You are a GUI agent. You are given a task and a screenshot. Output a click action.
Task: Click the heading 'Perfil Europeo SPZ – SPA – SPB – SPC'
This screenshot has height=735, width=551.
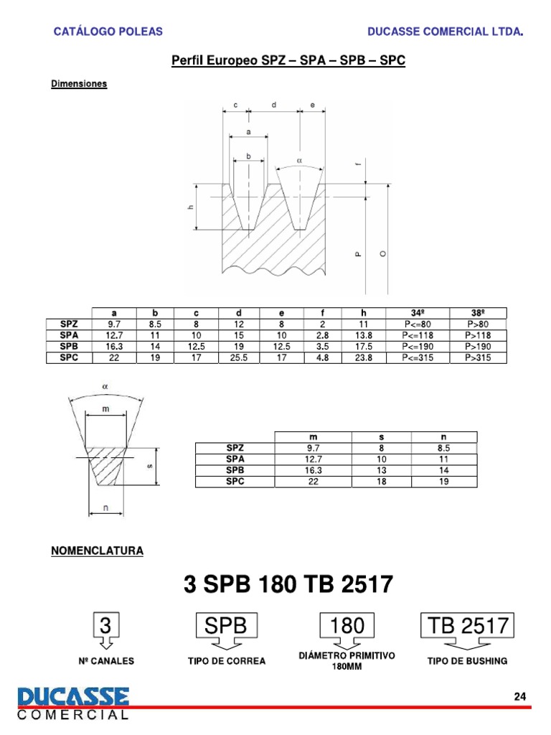click(288, 61)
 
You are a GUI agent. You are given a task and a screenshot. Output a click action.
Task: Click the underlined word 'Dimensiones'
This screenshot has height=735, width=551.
click(79, 84)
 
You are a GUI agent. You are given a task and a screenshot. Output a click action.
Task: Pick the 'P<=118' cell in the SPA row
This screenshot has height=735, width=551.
click(418, 335)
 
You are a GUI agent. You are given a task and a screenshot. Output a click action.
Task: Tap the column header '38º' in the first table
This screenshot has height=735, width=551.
click(478, 312)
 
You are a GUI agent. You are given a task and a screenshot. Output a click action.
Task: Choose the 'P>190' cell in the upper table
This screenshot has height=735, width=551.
click(478, 346)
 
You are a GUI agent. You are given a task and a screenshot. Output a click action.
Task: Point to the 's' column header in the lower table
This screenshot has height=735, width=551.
click(381, 436)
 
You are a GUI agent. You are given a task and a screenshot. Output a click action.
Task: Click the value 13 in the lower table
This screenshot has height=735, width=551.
click(381, 470)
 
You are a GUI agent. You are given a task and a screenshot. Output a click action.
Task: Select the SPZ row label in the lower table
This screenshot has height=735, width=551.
click(235, 448)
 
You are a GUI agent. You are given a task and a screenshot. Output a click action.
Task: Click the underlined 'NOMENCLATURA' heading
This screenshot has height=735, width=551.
click(97, 551)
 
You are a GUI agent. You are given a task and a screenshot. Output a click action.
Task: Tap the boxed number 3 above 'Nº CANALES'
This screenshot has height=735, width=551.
click(105, 627)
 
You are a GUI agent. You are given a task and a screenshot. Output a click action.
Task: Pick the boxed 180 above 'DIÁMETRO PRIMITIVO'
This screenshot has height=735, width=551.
click(347, 627)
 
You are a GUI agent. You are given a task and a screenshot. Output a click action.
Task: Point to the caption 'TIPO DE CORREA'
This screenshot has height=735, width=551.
click(226, 660)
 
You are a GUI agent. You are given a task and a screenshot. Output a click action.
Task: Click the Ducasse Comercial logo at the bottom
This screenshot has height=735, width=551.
click(74, 702)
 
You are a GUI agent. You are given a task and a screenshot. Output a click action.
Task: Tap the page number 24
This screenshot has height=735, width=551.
click(520, 697)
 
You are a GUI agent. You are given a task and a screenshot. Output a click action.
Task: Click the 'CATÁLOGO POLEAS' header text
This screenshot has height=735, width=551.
click(109, 32)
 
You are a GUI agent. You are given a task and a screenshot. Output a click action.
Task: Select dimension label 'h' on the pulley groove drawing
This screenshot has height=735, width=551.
click(191, 207)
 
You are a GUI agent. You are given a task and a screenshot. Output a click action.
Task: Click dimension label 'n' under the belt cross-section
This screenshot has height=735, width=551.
click(106, 508)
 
